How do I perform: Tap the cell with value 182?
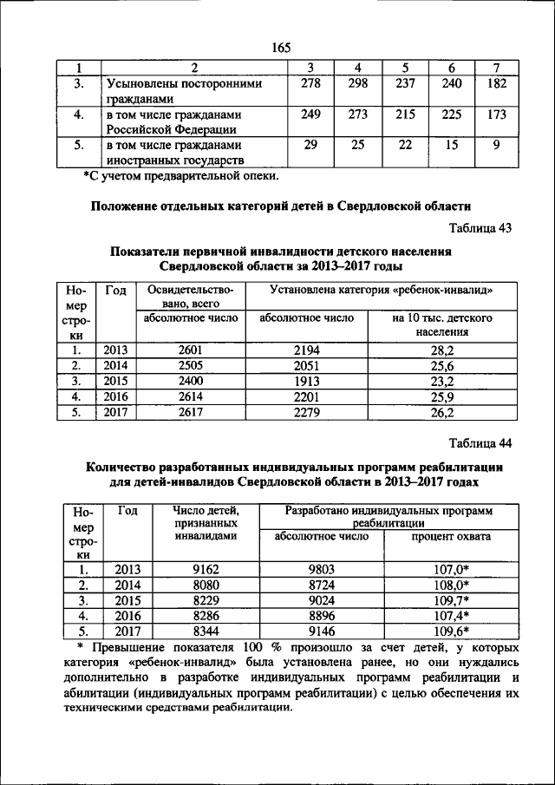[x=497, y=83]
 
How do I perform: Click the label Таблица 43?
[x=480, y=228]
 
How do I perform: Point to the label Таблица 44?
[x=480, y=443]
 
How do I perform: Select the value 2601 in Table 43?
[x=190, y=350]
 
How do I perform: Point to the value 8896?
[x=322, y=615]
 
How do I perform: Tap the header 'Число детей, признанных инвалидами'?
[x=206, y=524]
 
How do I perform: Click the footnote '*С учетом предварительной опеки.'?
[x=181, y=176]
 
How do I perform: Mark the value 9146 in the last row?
[x=322, y=631]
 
